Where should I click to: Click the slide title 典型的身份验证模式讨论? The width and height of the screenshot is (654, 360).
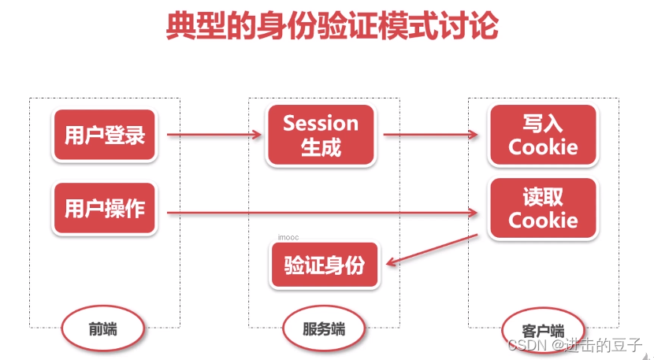coord(332,25)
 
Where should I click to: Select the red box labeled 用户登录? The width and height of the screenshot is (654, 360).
coord(104,135)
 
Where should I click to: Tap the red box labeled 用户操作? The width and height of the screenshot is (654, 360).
coord(104,209)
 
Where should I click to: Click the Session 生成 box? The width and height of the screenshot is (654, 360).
coord(320,135)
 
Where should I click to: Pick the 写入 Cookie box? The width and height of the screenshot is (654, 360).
coord(542,135)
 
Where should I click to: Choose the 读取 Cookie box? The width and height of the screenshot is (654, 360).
coord(542,208)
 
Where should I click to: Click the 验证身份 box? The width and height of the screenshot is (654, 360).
coord(324,265)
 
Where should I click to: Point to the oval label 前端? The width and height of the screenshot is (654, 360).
coord(102,328)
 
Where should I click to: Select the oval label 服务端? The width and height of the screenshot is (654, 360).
coord(323,328)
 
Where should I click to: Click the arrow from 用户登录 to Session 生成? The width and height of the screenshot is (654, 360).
coord(213,135)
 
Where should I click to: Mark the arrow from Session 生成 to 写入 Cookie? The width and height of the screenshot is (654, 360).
coord(432,135)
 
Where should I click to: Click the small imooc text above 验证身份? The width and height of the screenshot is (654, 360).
coord(288,236)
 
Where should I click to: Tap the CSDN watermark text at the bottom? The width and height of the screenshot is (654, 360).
coord(575,345)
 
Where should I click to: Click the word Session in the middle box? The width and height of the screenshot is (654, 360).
coord(320,124)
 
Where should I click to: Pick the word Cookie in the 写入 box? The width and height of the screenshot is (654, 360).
coord(542,147)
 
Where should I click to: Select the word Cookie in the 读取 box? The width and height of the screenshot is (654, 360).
coord(542,220)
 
